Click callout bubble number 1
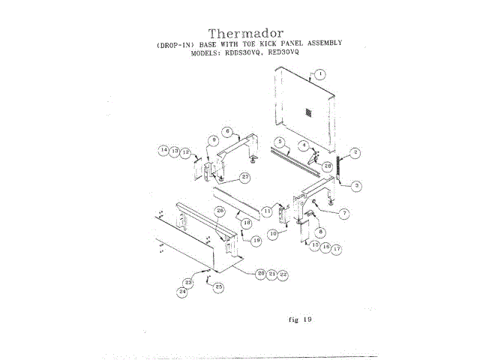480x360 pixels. point(320,73)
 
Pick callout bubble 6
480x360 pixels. point(226,131)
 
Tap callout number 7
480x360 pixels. point(344,214)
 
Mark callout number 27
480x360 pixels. point(244,177)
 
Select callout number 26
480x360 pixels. point(220,211)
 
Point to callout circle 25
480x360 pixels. point(219,286)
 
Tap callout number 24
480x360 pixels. point(181,291)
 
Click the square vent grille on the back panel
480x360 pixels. point(307,112)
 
